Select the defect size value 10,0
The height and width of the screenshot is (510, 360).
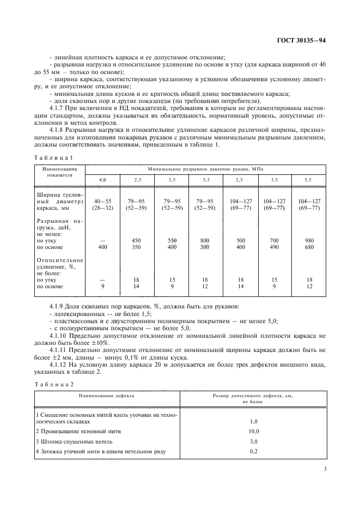253,431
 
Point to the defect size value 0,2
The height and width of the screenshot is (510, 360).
253,452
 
